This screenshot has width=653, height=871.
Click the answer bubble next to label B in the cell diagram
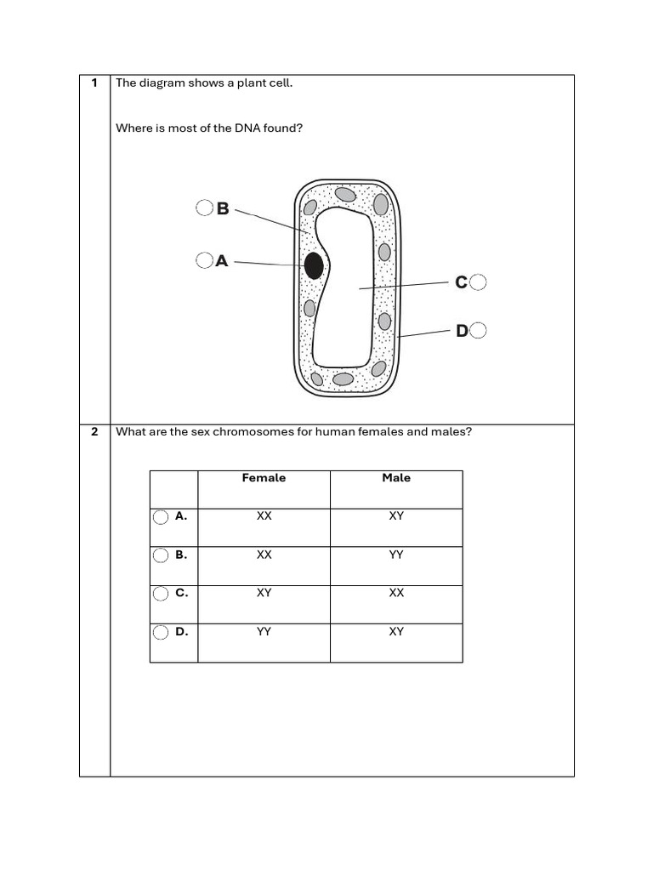click(x=204, y=208)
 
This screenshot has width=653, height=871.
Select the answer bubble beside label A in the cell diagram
click(x=203, y=260)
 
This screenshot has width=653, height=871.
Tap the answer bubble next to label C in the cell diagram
click(x=478, y=282)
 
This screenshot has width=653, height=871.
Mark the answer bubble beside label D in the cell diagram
click(x=478, y=330)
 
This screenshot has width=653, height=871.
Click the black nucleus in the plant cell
click(x=314, y=265)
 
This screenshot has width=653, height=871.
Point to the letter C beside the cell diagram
click(x=461, y=282)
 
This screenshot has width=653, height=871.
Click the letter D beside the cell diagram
click(x=462, y=331)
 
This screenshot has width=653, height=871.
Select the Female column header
click(x=264, y=478)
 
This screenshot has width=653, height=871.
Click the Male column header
click(x=396, y=478)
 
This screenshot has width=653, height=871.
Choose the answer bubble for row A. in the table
click(x=161, y=517)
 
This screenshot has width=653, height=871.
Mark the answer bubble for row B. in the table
click(x=161, y=555)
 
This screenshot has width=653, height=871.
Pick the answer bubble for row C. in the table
click(x=161, y=594)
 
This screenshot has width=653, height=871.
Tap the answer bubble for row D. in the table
click(x=161, y=632)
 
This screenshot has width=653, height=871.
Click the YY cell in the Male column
click(x=396, y=555)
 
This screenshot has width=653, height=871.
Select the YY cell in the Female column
click(x=264, y=631)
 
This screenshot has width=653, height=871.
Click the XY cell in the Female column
click(x=264, y=593)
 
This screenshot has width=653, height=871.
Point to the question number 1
click(x=94, y=83)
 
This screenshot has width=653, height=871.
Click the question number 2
click(x=94, y=431)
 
